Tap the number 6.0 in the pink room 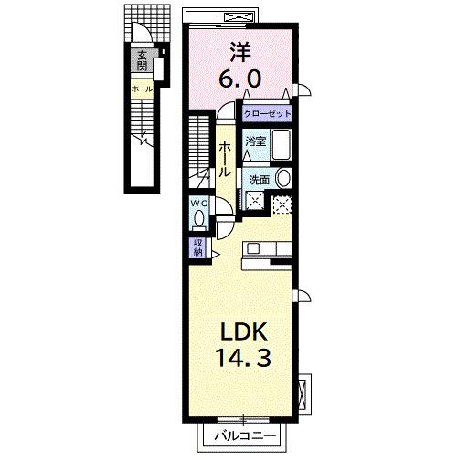(243, 79)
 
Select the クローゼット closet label (267, 114)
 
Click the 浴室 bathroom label (256, 141)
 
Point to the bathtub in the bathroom (281, 146)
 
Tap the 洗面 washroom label (260, 179)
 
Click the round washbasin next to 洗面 (282, 178)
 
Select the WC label (199, 204)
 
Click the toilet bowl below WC (199, 220)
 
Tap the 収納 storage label (197, 246)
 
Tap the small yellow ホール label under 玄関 (142, 89)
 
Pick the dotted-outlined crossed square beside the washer (282, 204)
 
